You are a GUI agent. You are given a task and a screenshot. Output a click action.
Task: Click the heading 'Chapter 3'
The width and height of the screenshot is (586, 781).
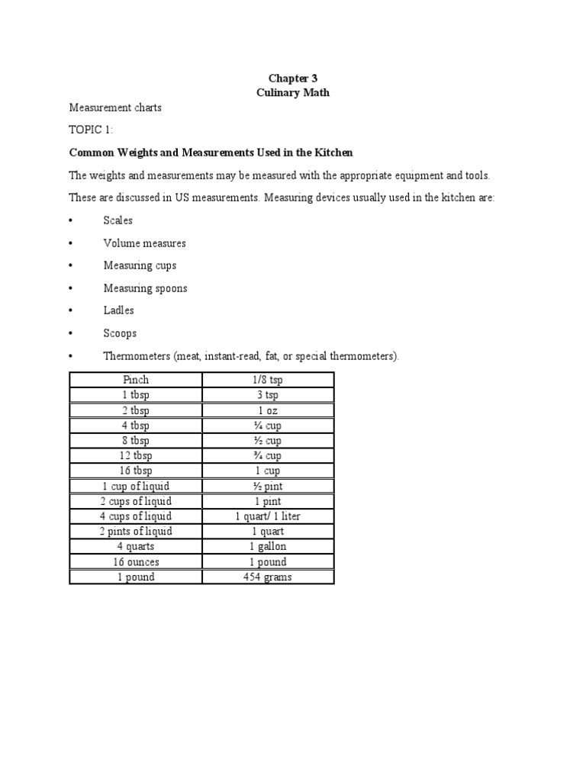click(x=292, y=79)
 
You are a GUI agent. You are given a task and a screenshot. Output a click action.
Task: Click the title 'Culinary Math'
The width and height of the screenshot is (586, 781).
click(x=292, y=93)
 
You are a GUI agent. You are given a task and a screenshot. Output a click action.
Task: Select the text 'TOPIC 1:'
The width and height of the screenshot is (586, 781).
click(x=90, y=130)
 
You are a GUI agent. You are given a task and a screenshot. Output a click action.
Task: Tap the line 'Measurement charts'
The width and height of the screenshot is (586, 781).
click(x=115, y=108)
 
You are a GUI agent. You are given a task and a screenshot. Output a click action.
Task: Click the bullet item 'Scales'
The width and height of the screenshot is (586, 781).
click(x=118, y=220)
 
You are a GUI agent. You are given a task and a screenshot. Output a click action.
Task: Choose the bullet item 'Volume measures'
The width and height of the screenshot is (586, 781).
click(x=144, y=243)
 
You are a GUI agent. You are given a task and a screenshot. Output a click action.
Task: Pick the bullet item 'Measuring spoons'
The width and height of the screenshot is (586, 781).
click(x=145, y=288)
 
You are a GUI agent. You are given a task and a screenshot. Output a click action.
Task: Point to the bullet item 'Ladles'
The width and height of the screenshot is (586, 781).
click(x=119, y=310)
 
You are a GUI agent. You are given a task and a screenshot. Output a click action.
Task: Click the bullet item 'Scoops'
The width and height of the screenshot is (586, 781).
click(x=119, y=333)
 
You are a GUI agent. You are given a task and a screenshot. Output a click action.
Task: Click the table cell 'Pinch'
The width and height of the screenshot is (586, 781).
click(x=136, y=380)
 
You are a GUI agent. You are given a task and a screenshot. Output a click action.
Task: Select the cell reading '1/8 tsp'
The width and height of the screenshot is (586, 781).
click(x=268, y=380)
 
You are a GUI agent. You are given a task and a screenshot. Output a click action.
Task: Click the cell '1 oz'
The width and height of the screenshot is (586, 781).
click(x=268, y=410)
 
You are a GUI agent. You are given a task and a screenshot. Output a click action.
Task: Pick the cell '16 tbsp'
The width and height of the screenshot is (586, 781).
click(x=136, y=471)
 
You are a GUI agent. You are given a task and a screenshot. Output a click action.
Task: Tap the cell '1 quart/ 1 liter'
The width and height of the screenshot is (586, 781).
click(x=268, y=516)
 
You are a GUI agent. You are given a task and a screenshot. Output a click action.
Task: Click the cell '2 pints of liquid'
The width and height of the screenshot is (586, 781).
click(x=136, y=531)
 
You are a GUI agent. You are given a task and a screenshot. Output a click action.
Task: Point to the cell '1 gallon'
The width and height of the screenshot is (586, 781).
click(x=268, y=546)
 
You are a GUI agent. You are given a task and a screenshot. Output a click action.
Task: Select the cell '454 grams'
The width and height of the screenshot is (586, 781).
click(x=268, y=577)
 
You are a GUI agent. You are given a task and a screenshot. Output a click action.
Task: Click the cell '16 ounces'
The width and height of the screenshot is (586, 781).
click(x=136, y=561)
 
